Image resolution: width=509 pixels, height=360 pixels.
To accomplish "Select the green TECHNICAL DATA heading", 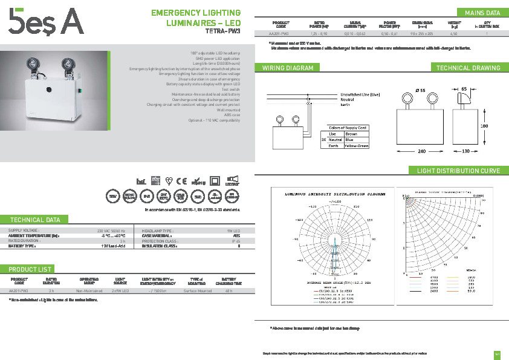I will pyautogui.click(x=35, y=220).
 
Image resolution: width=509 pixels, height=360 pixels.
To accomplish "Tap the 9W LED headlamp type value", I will pyautogui.click(x=233, y=231).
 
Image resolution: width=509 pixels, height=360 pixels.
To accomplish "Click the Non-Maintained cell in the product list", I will pyautogui.click(x=89, y=290).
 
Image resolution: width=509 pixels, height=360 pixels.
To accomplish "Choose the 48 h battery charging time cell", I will pyautogui.click(x=229, y=290).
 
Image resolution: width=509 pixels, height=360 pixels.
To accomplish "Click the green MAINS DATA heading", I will pyautogui.click(x=482, y=13).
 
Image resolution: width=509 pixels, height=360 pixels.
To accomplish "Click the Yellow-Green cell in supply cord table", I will pyautogui.click(x=355, y=146).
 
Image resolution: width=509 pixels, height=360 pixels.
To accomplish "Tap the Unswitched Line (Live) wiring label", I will pyautogui.click(x=360, y=95).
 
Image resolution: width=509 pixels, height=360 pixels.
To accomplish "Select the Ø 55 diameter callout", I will pyautogui.click(x=421, y=90).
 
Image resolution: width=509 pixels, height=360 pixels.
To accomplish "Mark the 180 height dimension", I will pyautogui.click(x=484, y=126).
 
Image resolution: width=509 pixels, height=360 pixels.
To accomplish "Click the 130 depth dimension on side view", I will pyautogui.click(x=466, y=151).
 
